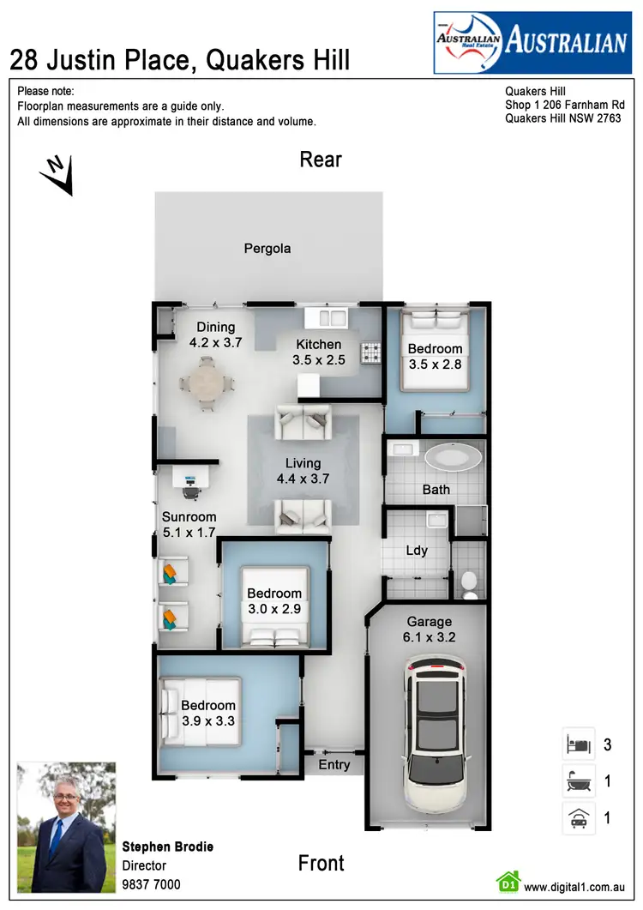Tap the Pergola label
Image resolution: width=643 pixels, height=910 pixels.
pos(267,249)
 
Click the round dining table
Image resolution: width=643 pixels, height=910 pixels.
pos(205,383)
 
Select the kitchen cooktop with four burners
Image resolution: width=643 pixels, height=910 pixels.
pos(370,352)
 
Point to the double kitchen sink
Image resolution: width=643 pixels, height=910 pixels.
pos(332,318)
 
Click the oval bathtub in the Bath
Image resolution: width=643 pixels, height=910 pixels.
pos(454,456)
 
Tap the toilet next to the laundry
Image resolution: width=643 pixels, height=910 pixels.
pos(469,584)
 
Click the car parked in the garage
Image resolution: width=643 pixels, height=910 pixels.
pos(436,733)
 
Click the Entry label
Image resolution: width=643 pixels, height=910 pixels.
pos(334,765)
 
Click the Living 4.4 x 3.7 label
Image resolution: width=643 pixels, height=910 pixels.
pos(303,471)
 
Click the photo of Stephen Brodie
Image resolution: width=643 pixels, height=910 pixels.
pos(67,827)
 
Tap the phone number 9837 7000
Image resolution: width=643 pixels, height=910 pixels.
pos(152,884)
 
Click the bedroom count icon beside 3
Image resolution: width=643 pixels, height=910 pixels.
pos(578,744)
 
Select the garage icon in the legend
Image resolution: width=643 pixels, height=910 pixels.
pos(578,818)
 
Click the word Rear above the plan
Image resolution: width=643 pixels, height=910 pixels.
pos(321,160)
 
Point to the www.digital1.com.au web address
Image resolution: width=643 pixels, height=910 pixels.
pos(574,888)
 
